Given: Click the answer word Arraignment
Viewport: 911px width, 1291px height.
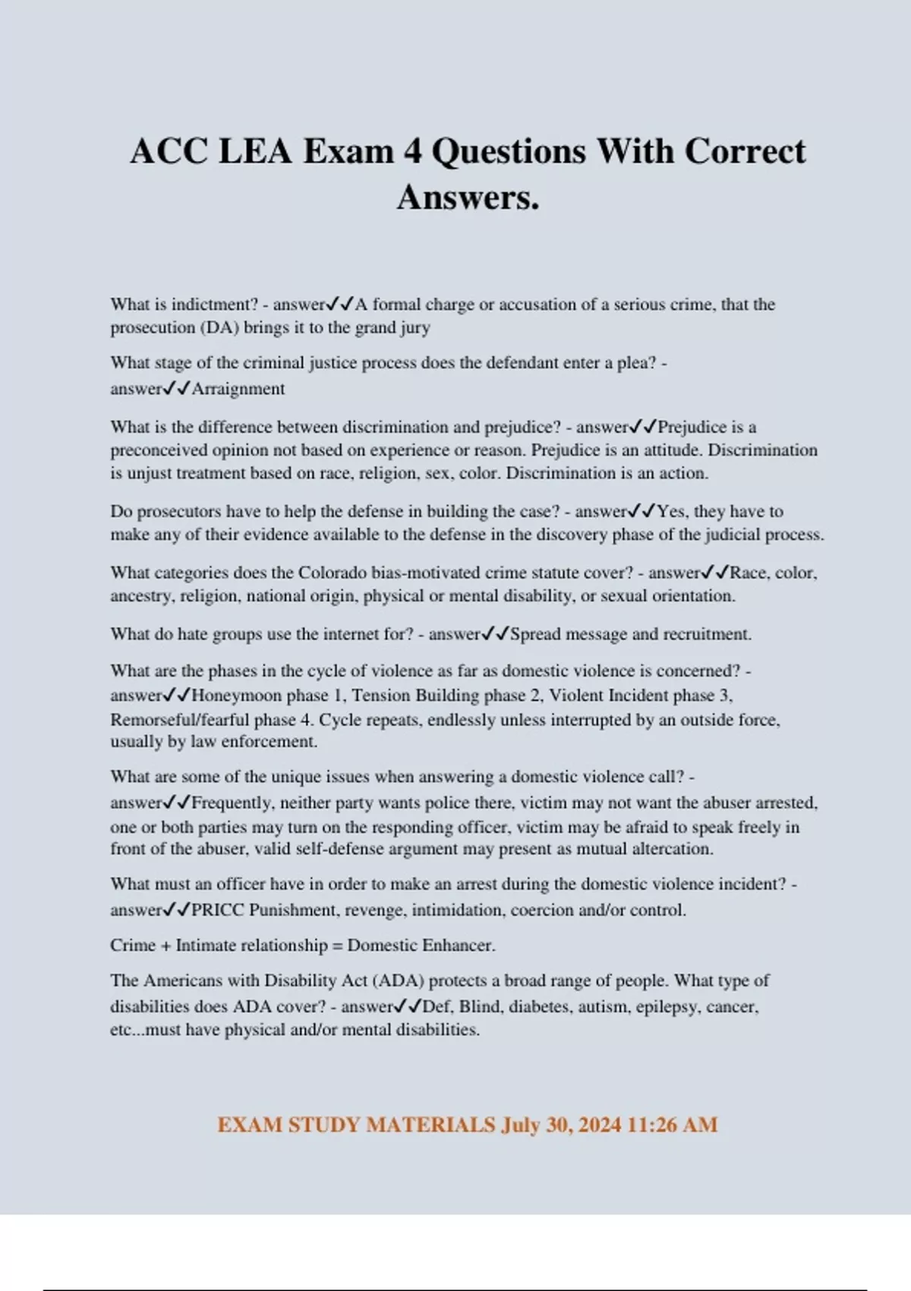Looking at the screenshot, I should point(238,389).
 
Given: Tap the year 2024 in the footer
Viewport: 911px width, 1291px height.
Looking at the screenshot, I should point(599,1125).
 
